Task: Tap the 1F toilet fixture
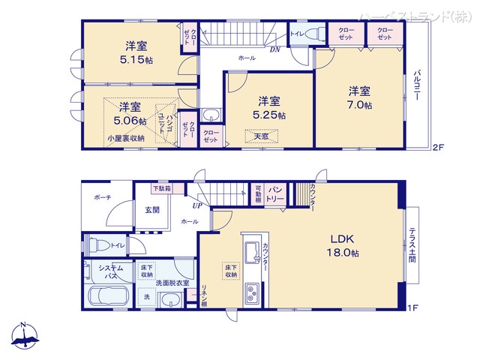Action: click(94, 244)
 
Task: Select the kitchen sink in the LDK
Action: click(251, 249)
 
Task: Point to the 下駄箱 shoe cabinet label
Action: click(161, 188)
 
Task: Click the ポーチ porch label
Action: click(103, 197)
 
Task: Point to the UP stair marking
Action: click(196, 205)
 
